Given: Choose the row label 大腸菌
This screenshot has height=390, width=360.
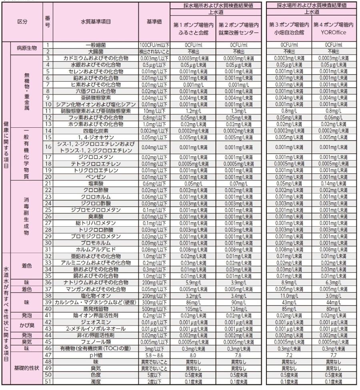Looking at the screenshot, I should click(x=95, y=52).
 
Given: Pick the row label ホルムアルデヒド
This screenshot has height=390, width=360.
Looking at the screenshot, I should click(x=95, y=249).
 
